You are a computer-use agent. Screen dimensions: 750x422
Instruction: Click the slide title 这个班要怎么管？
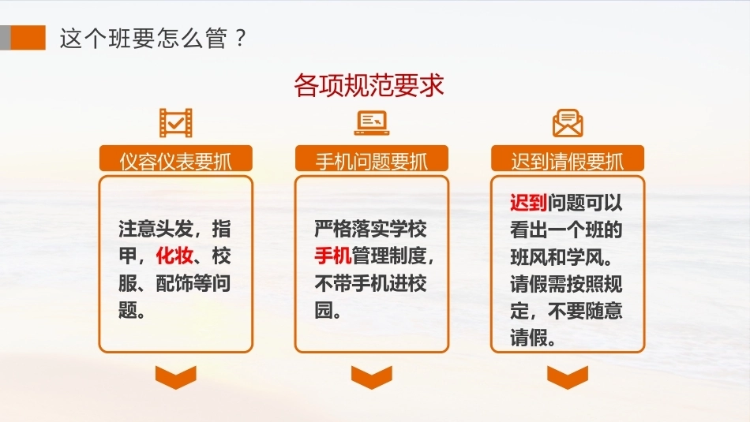(x=153, y=38)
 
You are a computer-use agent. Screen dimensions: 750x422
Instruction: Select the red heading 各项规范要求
(x=369, y=85)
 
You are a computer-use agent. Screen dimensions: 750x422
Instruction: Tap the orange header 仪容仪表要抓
(x=175, y=159)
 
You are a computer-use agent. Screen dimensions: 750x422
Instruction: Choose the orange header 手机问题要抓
(x=372, y=159)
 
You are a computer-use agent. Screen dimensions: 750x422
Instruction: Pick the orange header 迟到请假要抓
(x=568, y=159)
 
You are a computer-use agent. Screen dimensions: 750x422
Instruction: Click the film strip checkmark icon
(x=175, y=123)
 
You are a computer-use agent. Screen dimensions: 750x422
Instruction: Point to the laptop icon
(x=372, y=123)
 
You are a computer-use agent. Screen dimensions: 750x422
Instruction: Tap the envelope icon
(x=568, y=123)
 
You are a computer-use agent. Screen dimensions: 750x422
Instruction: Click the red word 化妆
(x=174, y=256)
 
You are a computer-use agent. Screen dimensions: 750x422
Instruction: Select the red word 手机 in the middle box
(x=333, y=256)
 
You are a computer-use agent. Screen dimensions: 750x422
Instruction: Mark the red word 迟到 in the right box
(x=528, y=204)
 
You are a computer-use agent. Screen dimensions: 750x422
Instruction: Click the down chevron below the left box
(x=175, y=377)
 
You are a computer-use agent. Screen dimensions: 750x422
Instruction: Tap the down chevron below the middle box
(x=372, y=377)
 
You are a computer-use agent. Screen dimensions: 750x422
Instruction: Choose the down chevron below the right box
(x=568, y=377)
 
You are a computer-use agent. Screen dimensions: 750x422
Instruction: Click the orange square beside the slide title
(x=28, y=38)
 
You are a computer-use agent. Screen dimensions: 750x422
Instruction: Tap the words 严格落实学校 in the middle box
(x=370, y=230)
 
